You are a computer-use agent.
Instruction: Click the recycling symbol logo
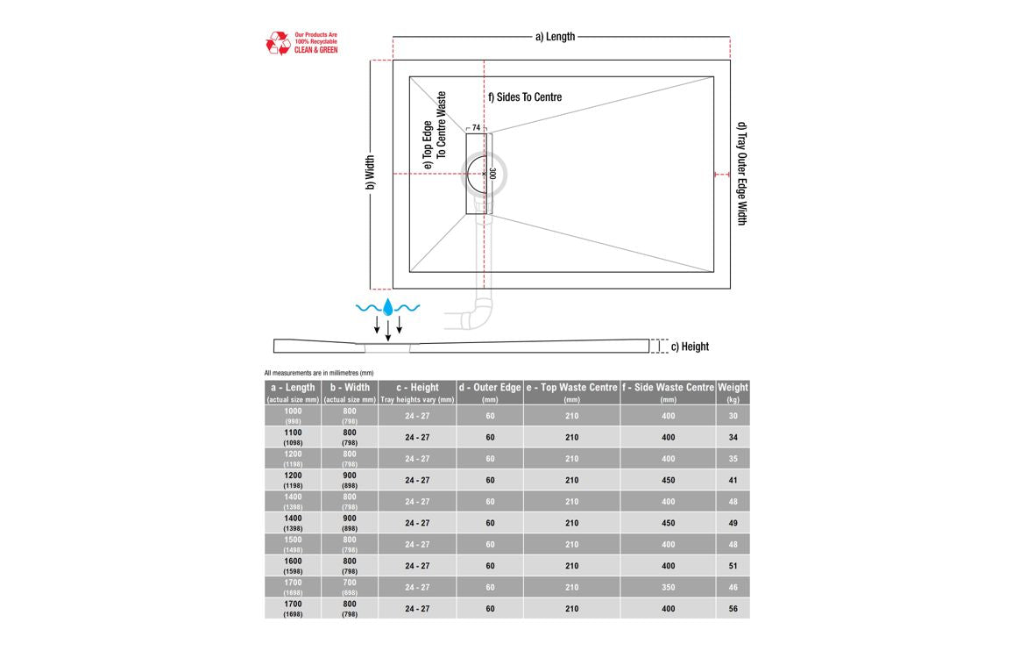[278, 43]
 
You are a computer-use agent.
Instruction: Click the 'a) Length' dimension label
[555, 37]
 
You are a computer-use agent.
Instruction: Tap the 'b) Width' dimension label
[371, 173]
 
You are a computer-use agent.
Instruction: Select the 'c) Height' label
[690, 347]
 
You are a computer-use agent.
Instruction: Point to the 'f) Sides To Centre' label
[525, 97]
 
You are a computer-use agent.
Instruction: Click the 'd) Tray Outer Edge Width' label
[741, 173]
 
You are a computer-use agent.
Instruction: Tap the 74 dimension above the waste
[476, 128]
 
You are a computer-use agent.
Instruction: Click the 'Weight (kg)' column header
[733, 392]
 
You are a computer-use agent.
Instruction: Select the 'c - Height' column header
[417, 392]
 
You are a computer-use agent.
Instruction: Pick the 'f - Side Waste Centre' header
[668, 392]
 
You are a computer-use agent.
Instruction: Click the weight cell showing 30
[733, 416]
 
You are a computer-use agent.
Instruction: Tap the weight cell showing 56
[733, 609]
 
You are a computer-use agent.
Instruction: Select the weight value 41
[733, 481]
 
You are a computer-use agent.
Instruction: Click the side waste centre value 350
[668, 588]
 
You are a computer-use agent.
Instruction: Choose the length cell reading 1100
[293, 437]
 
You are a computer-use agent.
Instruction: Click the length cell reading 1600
[293, 566]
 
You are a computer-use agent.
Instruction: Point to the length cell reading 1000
[293, 416]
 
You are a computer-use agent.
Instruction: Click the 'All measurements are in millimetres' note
[319, 373]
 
